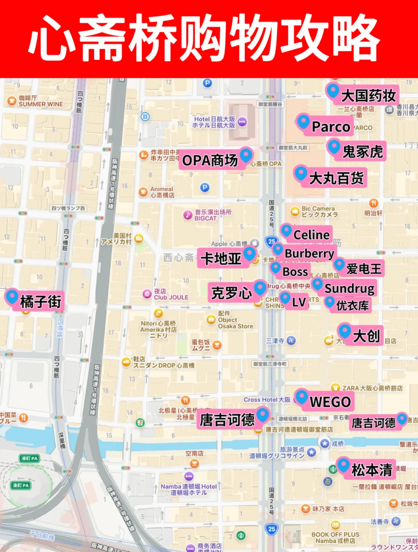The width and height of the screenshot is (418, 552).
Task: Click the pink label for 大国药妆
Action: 368,95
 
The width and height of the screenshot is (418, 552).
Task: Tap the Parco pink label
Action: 331,127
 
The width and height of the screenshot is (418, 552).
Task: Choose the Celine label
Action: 311,235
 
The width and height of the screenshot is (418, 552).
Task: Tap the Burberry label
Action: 309,254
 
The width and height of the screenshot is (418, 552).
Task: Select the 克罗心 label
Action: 231,293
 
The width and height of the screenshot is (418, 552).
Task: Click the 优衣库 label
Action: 352,305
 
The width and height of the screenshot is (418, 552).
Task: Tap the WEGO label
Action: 330,402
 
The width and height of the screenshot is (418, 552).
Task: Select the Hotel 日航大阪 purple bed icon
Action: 242,122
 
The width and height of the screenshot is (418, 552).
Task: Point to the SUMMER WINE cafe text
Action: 41,104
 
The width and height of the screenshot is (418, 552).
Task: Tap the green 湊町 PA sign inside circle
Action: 21,485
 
